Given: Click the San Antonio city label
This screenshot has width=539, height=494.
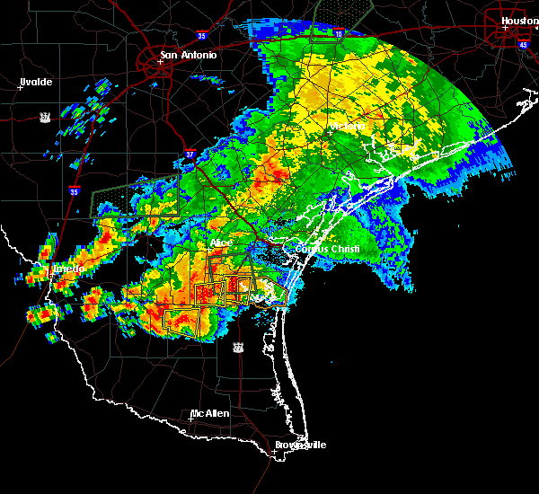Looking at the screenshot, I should tap(189, 55).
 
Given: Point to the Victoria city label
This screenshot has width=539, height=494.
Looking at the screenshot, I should tap(348, 127).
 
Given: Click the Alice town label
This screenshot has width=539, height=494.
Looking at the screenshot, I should tap(221, 243).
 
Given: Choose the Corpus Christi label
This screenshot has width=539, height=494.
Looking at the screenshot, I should tap(333, 249).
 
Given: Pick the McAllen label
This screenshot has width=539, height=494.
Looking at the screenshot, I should tap(209, 413).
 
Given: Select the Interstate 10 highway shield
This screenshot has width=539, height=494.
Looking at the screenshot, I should tap(338, 34).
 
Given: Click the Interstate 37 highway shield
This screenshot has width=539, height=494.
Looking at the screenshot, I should tap(190, 154).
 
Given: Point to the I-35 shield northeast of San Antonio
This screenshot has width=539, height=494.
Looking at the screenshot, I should tap(202, 37).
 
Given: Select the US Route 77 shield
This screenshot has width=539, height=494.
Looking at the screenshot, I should tap(237, 346).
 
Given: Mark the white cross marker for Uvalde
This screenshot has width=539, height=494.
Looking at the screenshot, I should tap(19, 87).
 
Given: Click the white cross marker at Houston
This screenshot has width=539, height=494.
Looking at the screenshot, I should tap(505, 28).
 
